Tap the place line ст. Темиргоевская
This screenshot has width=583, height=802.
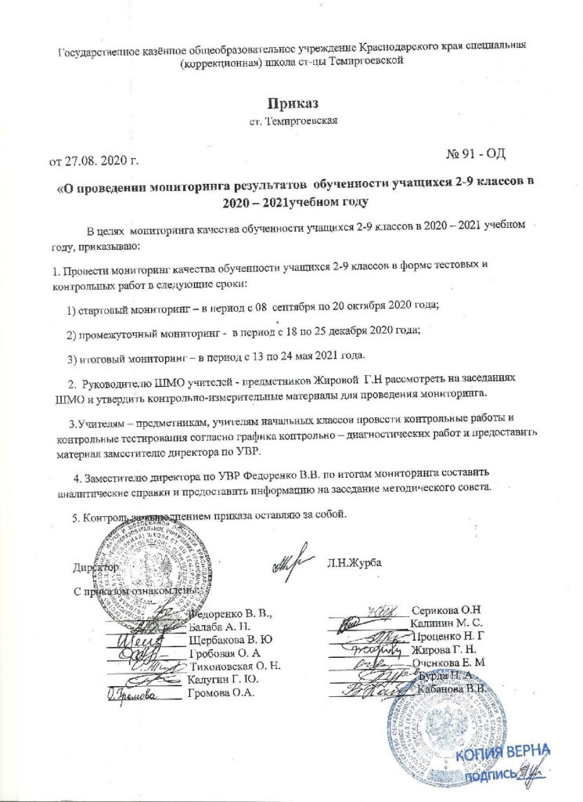(292, 122)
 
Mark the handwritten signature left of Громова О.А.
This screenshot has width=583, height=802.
(134, 692)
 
